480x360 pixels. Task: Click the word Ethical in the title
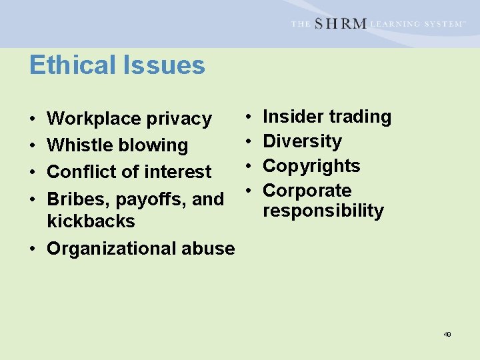point(70,65)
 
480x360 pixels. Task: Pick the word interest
point(178,172)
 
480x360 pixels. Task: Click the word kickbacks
point(91,221)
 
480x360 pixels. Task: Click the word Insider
point(293,117)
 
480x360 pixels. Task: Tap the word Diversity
point(302,141)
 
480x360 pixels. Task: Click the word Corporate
point(307,191)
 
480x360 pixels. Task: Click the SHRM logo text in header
point(340,24)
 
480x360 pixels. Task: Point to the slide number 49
point(447,334)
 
